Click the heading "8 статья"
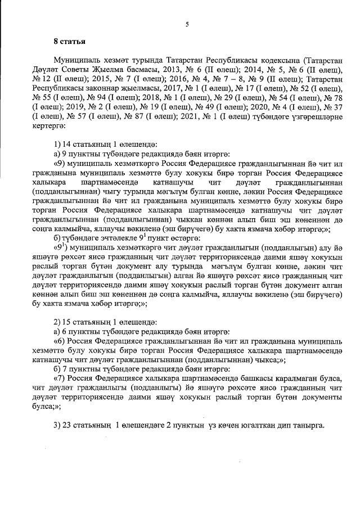pyautogui.click(x=69, y=41)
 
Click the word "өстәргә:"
pyautogui.click(x=164, y=237)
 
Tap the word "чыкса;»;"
pyautogui.click(x=271, y=359)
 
